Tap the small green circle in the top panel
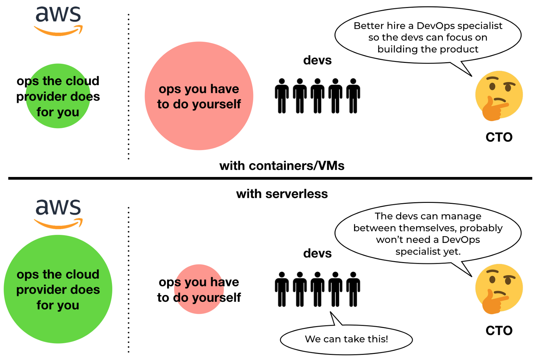point(58,96)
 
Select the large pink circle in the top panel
point(199,96)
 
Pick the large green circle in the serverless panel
point(58,289)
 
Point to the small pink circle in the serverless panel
point(199,289)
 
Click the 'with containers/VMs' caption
point(282,166)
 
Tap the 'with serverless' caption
point(282,194)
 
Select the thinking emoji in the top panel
point(499,96)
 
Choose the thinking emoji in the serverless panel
point(499,289)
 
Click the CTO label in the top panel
point(499,137)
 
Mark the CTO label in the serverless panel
point(499,331)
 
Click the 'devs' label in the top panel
point(317,61)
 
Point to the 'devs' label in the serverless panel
point(317,253)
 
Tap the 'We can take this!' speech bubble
point(346,339)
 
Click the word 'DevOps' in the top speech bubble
point(436,26)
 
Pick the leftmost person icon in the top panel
point(282,96)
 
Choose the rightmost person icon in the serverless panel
point(353,289)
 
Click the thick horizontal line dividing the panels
point(269,178)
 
